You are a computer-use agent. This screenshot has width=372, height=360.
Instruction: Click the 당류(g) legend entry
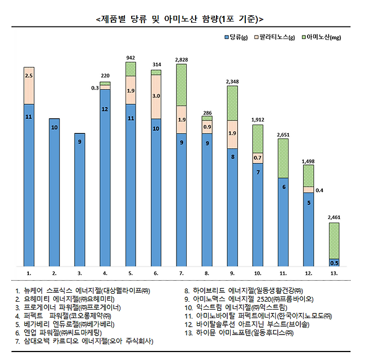point(235,37)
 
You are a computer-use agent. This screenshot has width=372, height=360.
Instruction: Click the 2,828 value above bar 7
point(181,59)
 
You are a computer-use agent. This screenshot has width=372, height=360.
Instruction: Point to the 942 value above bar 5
point(131,58)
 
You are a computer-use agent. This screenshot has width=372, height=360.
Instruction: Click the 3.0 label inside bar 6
point(156,96)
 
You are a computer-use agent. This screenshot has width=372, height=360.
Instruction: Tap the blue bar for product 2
point(54,192)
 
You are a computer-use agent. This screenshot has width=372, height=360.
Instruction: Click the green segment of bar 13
point(335,241)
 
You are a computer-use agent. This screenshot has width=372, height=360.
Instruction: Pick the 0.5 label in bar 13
point(335,263)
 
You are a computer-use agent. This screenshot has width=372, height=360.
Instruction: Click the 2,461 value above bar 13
point(335,217)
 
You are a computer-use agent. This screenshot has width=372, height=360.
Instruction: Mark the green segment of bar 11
point(284,158)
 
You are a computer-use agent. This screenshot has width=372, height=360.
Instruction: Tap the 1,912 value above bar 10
point(258,119)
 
